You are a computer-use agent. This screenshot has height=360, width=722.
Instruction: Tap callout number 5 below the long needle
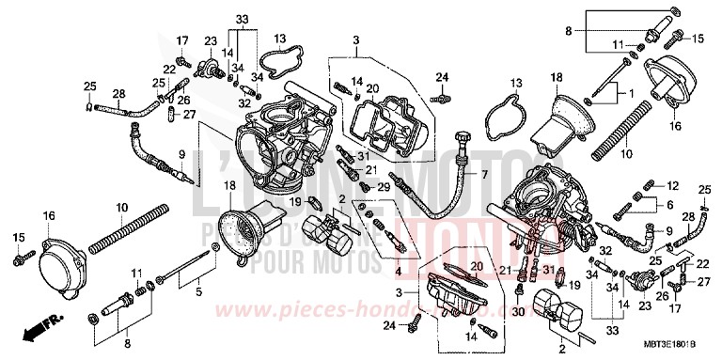[198, 292]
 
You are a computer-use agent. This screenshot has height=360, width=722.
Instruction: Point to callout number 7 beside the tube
[485, 176]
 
